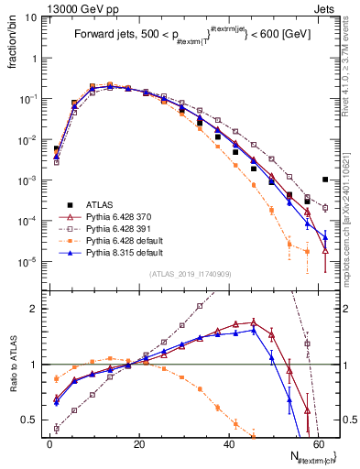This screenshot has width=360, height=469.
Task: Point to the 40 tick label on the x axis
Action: point(227,444)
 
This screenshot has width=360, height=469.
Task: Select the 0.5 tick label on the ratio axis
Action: point(28,420)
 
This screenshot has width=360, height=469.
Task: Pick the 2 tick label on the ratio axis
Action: point(34,309)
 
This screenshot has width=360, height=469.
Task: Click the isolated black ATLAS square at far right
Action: point(325,180)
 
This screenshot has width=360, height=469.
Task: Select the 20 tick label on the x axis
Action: point(138,444)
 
